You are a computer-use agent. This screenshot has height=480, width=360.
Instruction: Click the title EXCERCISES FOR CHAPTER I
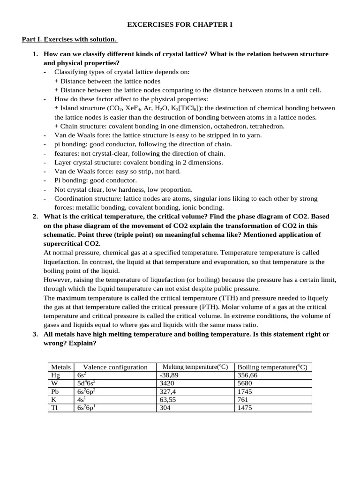[180, 23]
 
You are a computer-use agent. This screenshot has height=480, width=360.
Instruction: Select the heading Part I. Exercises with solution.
[70, 39]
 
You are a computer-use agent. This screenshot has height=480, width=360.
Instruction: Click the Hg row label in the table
[55, 375]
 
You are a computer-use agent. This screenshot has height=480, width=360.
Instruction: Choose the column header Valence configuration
[115, 367]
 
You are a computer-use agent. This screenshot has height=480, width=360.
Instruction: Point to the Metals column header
[60, 367]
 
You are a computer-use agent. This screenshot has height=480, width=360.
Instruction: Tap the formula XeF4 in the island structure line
[136, 108]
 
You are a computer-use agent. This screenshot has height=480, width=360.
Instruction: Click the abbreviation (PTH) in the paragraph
[195, 307]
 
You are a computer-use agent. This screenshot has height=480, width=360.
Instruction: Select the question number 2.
[35, 217]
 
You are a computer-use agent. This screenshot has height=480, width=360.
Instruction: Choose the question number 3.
[35, 334]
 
